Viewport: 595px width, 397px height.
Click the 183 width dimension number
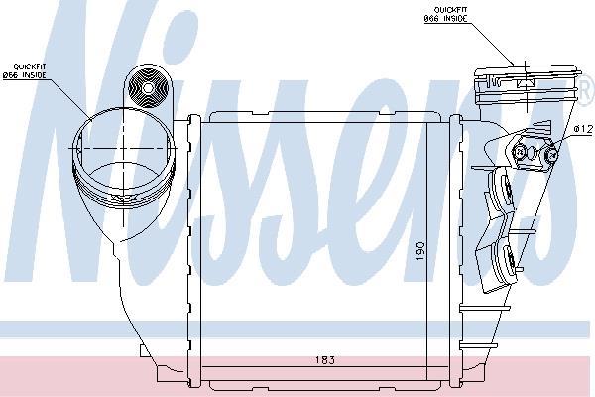(325, 359)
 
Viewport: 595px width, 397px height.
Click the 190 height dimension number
(420, 251)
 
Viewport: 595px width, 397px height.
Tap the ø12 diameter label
(583, 129)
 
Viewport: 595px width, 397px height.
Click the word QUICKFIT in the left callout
(30, 66)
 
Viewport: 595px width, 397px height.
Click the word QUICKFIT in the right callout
(450, 10)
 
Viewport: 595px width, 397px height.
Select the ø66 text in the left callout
(10, 75)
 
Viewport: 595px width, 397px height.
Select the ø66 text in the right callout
(431, 19)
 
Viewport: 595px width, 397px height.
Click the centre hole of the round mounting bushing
(148, 88)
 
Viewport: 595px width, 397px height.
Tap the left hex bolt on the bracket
(519, 152)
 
